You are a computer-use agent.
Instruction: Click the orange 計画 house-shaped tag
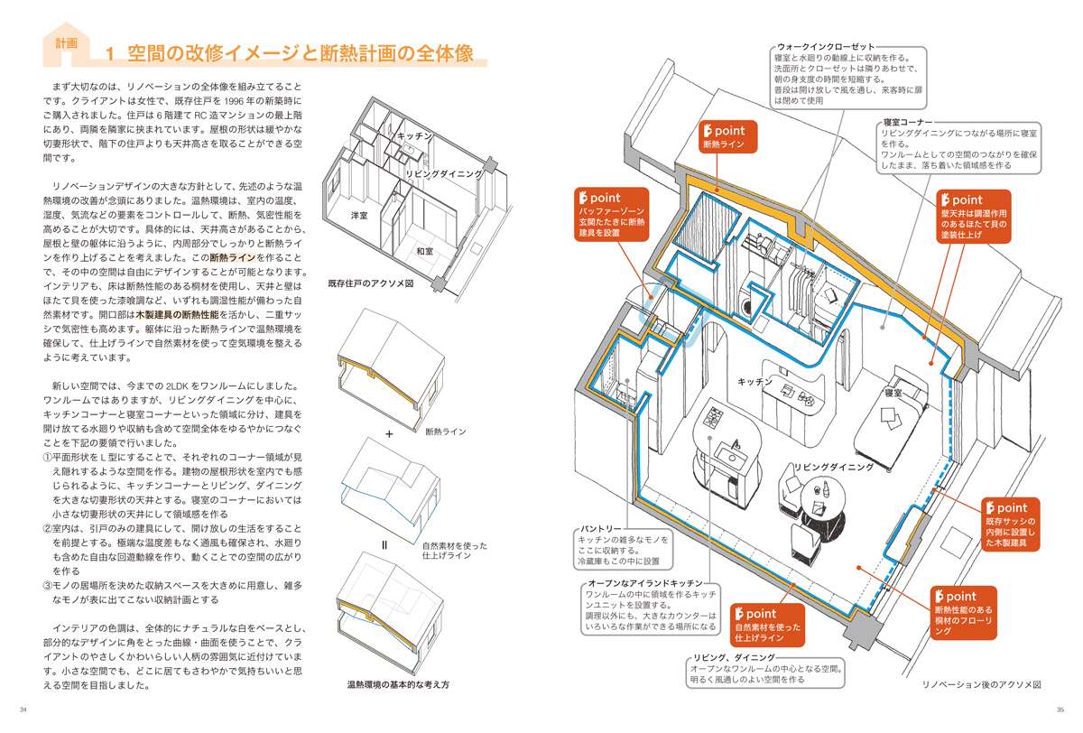[65, 44]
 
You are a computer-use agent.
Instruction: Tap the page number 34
[23, 708]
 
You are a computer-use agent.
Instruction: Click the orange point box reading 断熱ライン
[728, 137]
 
